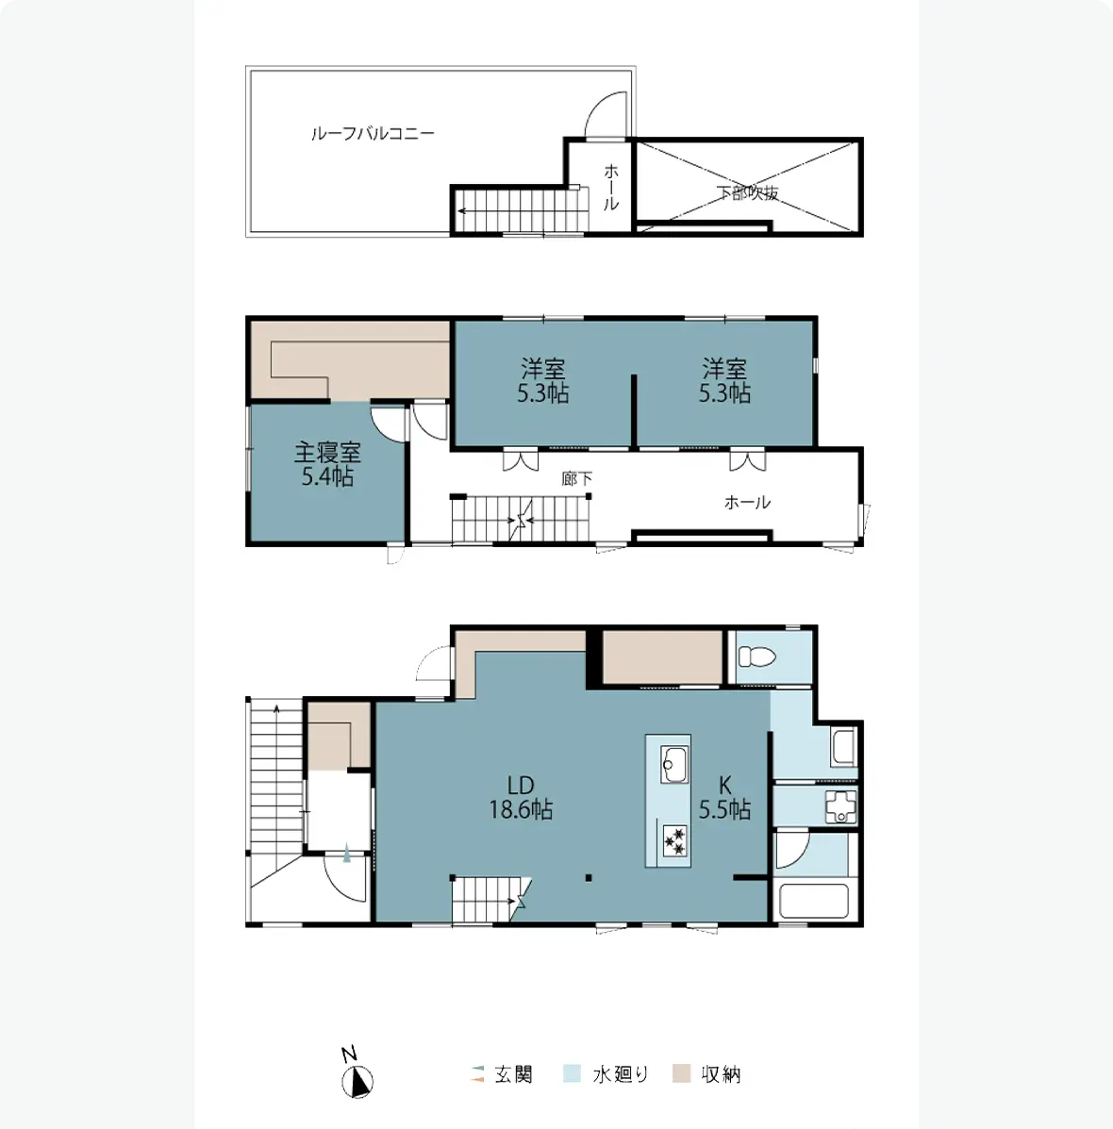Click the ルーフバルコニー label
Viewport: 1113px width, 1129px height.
coord(373,133)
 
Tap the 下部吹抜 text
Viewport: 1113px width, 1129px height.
coord(747,192)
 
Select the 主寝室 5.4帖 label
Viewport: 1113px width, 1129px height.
coord(327,464)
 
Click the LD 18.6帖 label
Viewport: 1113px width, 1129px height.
coord(521,798)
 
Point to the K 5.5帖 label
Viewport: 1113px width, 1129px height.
coord(725,798)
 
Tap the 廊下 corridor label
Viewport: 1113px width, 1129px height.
coord(576,479)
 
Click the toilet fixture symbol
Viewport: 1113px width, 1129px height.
coord(756,656)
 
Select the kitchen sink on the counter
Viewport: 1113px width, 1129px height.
coord(674,765)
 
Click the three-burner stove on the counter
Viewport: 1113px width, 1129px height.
coord(675,840)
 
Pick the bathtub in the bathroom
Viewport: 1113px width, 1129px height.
coord(814,901)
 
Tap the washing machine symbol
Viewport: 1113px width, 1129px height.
coord(840,806)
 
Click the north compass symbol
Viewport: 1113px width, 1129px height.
coord(357,1081)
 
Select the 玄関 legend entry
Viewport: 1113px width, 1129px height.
coord(502,1074)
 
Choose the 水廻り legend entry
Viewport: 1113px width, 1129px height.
coord(606,1074)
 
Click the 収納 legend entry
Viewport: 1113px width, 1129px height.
coord(707,1074)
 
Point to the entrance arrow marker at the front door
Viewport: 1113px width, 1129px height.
coord(347,854)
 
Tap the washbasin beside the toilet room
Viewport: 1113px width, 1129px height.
coord(843,747)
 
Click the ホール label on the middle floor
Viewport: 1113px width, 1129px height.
coord(747,503)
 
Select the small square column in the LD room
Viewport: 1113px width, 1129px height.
coord(589,878)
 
